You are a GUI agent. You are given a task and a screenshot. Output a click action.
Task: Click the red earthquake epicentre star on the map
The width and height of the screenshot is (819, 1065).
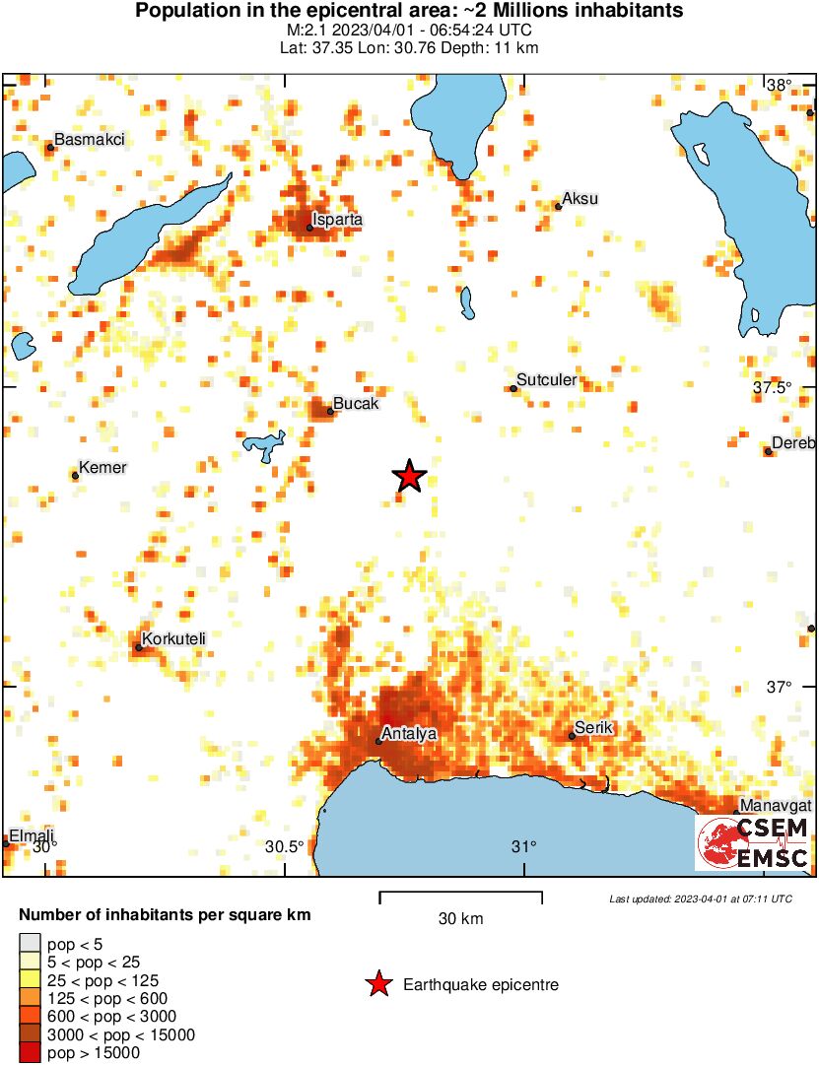click(x=410, y=477)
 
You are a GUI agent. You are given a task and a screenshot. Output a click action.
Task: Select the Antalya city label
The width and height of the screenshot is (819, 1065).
click(x=409, y=734)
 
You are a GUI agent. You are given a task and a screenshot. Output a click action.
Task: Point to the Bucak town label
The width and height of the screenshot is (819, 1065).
click(x=356, y=404)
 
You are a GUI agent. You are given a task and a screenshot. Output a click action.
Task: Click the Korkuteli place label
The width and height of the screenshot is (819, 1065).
click(x=173, y=640)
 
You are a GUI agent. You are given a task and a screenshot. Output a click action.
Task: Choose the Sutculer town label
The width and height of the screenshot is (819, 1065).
click(x=547, y=380)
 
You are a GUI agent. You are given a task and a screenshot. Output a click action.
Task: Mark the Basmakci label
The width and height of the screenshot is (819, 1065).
click(x=89, y=140)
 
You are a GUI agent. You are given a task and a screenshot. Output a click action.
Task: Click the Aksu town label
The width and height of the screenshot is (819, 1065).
click(x=580, y=199)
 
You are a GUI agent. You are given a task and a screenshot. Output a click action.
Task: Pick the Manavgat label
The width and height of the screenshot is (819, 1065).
click(x=773, y=806)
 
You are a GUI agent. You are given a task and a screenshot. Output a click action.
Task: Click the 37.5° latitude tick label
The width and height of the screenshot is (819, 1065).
click(x=772, y=388)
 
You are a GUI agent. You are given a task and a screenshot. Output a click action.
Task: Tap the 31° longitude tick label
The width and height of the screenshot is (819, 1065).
click(x=524, y=846)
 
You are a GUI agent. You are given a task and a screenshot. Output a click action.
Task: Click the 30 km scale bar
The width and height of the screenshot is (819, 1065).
click(x=460, y=898)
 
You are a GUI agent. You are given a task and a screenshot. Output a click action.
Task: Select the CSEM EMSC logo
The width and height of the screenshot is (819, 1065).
click(x=753, y=842)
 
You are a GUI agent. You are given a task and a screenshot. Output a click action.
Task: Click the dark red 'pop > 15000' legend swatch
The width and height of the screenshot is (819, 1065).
click(x=31, y=1053)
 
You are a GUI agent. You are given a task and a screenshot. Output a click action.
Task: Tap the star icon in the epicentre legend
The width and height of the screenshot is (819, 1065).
click(x=377, y=984)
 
